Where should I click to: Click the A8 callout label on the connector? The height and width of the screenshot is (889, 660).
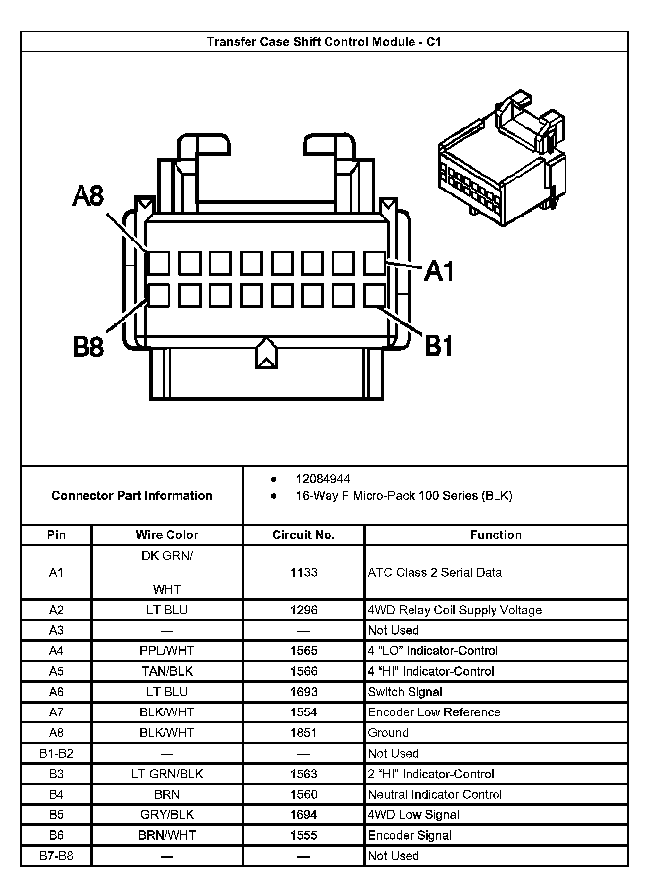tap(88, 196)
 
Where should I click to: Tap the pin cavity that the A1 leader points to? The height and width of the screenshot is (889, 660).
tap(374, 263)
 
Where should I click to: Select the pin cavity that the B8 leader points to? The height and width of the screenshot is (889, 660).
tap(159, 296)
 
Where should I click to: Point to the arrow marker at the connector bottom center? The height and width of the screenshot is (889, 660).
tap(266, 354)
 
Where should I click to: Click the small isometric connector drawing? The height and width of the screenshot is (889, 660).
tap(502, 159)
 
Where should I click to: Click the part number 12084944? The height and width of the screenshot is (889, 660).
tap(323, 479)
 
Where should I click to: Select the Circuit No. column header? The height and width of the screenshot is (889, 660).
tap(304, 535)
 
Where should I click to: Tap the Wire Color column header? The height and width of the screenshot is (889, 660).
tap(167, 535)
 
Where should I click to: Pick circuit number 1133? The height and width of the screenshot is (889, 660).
tap(304, 572)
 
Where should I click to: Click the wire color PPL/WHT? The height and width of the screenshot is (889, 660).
tap(167, 650)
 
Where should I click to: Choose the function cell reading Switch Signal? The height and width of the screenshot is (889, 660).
tap(405, 692)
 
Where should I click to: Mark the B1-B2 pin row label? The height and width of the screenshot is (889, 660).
tap(56, 753)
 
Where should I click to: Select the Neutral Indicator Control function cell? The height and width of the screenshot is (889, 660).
tap(435, 794)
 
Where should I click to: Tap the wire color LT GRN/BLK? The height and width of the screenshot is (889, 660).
tap(167, 774)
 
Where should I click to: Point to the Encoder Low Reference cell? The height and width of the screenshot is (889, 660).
tap(434, 712)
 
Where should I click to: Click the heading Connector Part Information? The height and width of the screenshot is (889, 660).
tap(132, 495)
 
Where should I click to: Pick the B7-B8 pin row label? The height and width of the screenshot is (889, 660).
tap(56, 856)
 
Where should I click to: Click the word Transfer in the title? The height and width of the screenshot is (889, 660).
tap(230, 42)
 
